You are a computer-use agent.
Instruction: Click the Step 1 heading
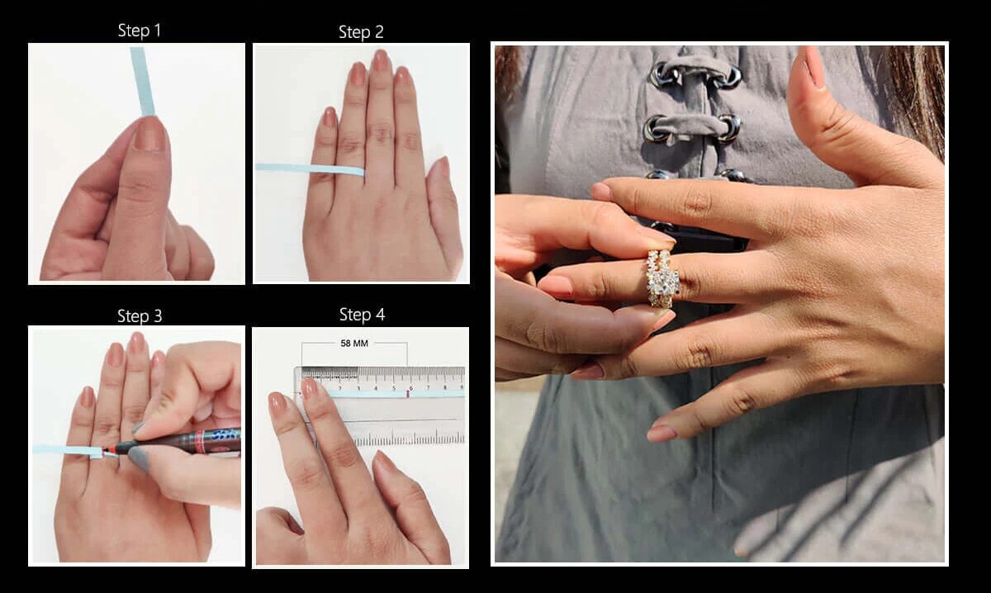[140, 31]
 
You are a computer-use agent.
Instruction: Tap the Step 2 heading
[361, 32]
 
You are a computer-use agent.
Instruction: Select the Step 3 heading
[140, 316]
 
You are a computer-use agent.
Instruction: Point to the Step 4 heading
[362, 315]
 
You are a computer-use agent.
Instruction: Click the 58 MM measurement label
[354, 344]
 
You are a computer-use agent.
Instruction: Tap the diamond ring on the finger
[662, 279]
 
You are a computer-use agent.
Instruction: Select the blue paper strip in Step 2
[310, 169]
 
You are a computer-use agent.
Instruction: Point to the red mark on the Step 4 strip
[407, 393]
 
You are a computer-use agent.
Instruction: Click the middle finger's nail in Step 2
[381, 61]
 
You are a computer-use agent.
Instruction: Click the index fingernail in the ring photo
[602, 191]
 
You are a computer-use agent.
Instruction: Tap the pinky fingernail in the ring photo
[661, 434]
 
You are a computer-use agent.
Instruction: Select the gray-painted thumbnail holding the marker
[140, 458]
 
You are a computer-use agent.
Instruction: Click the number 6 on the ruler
[411, 388]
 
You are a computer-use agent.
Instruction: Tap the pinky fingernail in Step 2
[330, 117]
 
